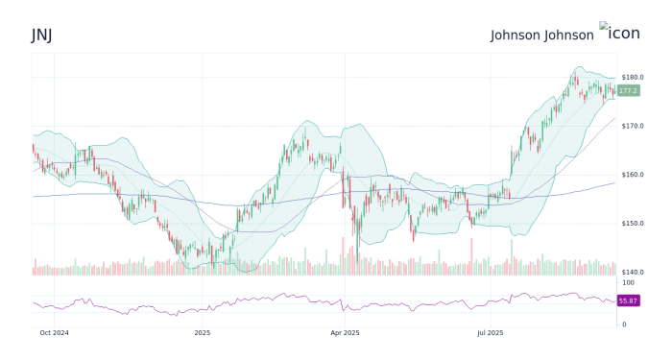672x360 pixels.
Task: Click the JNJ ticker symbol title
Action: [x=41, y=35]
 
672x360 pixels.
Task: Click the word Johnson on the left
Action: [x=516, y=35]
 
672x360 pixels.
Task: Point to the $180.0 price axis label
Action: [x=632, y=77]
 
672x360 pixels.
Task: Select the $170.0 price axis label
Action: [x=632, y=126]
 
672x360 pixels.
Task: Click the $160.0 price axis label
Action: [x=632, y=175]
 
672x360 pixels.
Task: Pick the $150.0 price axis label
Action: [x=632, y=224]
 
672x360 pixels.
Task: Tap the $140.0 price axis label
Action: [x=632, y=273]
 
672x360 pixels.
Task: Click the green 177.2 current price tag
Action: [x=629, y=90]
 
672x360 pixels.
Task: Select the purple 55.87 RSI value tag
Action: [x=629, y=300]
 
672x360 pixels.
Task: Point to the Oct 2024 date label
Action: [x=54, y=333]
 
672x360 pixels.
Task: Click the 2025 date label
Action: [x=202, y=333]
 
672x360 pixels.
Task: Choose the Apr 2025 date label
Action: [x=345, y=333]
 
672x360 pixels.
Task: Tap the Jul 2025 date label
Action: [x=490, y=333]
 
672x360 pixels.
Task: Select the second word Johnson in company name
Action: [x=569, y=35]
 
